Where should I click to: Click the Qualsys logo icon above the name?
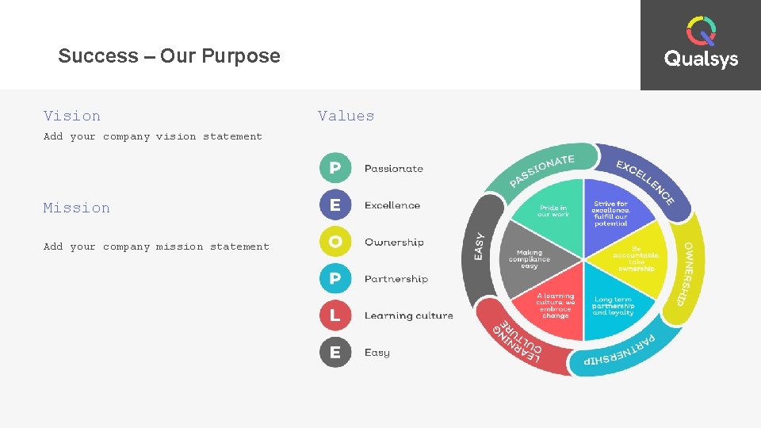click(x=701, y=31)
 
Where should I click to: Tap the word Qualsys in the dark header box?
click(x=701, y=59)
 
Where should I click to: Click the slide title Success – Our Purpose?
click(x=169, y=56)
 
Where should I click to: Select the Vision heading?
click(x=72, y=116)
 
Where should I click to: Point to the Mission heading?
click(x=77, y=208)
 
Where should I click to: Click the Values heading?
click(x=346, y=116)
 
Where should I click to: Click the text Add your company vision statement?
click(x=153, y=136)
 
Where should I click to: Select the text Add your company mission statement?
click(x=156, y=246)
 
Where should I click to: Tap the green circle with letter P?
click(x=335, y=168)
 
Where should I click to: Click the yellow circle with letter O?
click(x=335, y=242)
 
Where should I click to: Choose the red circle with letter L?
click(x=335, y=315)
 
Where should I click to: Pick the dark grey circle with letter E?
click(x=335, y=353)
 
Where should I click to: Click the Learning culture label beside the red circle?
click(x=408, y=315)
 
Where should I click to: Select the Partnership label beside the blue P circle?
click(x=396, y=279)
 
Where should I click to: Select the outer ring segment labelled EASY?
click(x=480, y=246)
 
